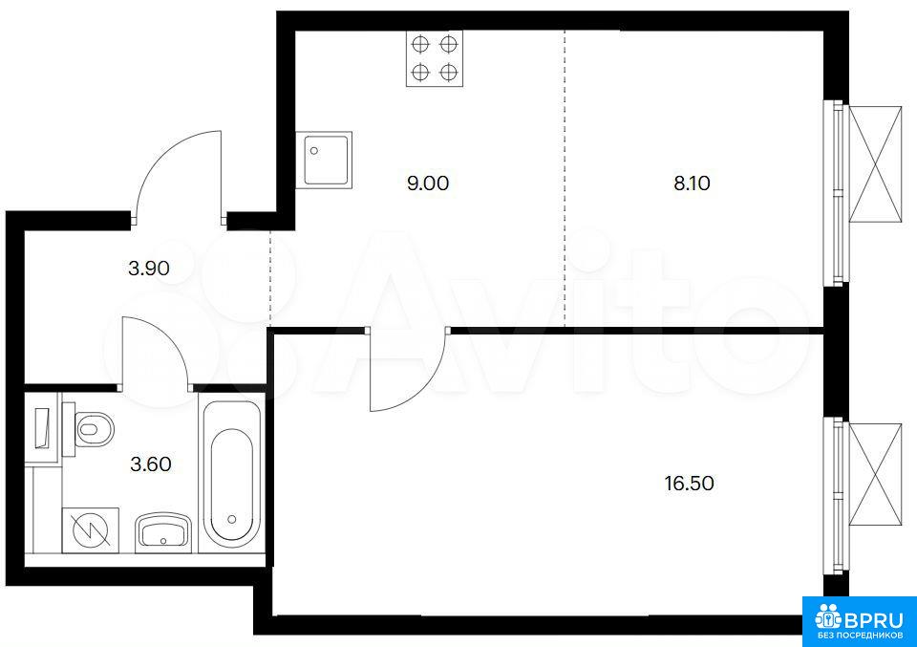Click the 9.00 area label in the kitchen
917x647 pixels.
click(x=428, y=183)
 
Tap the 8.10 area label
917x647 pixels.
click(x=692, y=183)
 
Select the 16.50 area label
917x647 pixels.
click(x=689, y=484)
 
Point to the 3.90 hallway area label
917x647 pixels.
click(x=149, y=269)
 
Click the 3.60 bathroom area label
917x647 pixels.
click(x=150, y=464)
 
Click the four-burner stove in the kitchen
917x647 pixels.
click(x=435, y=58)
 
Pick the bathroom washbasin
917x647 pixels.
click(x=163, y=532)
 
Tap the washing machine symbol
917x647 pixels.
click(x=91, y=530)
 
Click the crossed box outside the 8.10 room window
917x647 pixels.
click(x=875, y=164)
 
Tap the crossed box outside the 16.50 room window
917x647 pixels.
click(x=875, y=474)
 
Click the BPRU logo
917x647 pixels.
click(x=859, y=622)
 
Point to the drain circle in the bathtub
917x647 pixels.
click(x=232, y=519)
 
